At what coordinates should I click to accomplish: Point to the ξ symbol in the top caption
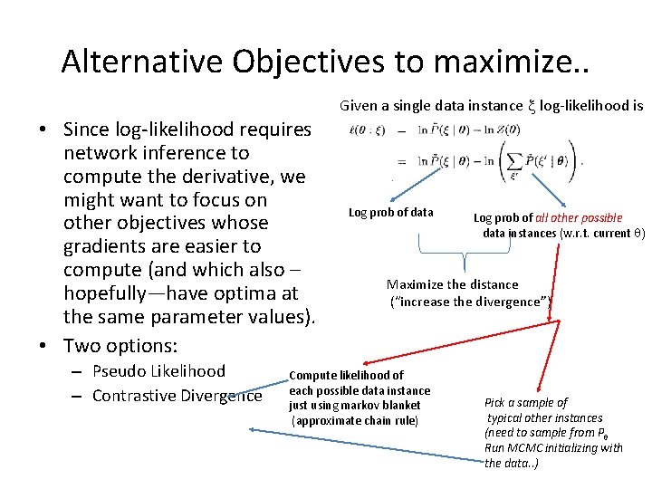click(532, 106)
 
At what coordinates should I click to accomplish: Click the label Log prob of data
click(391, 213)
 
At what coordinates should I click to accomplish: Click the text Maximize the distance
click(453, 284)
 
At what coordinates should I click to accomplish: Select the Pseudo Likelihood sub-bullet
click(158, 370)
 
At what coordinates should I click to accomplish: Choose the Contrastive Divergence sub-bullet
click(177, 395)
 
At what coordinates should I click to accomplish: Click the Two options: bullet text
click(120, 346)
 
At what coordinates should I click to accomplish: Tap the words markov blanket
click(383, 406)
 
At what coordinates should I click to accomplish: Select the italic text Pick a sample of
click(526, 402)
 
